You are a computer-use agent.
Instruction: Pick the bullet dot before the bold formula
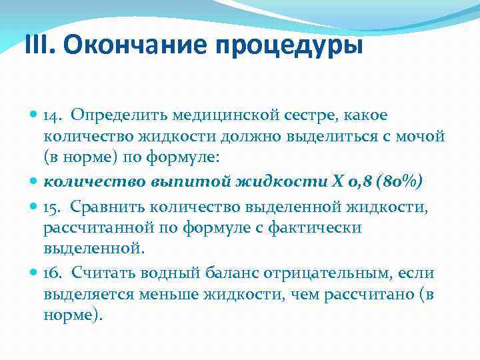(35, 182)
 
